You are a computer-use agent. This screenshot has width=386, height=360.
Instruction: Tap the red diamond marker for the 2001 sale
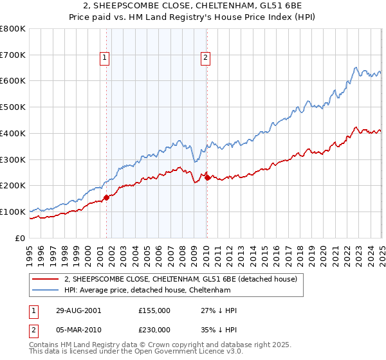coord(107,197)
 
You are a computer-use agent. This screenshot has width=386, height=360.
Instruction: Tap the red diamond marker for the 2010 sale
coord(207,177)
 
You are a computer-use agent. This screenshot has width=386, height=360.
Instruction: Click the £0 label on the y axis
coord(21,238)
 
